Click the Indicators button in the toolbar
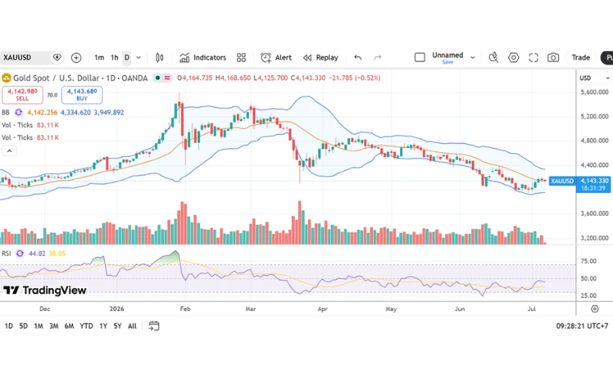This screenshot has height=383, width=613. (x=203, y=58)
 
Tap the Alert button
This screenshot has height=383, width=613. (x=276, y=58)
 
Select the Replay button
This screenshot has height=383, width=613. (x=320, y=58)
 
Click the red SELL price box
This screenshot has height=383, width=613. (x=22, y=94)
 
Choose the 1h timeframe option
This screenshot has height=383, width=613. (x=114, y=58)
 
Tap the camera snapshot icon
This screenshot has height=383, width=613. (x=552, y=58)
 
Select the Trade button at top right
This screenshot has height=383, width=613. (x=581, y=58)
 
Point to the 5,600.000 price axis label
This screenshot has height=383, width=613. (x=595, y=92)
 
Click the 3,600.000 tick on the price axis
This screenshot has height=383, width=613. (x=595, y=214)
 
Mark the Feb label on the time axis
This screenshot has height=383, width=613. (x=185, y=309)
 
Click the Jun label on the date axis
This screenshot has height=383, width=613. (x=460, y=309)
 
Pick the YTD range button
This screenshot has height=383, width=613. (x=86, y=326)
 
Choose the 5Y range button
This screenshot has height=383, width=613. (x=117, y=326)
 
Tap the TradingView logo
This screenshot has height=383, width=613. (x=44, y=290)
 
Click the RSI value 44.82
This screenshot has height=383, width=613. (x=37, y=254)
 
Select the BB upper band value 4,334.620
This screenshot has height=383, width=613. (x=75, y=113)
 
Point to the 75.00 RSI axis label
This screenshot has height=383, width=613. (x=588, y=261)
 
